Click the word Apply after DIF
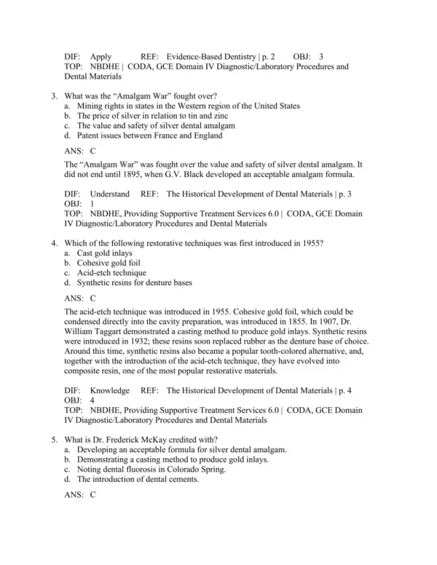(101, 55)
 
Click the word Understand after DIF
(109, 194)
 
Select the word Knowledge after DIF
(109, 390)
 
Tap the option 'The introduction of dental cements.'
(137, 479)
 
